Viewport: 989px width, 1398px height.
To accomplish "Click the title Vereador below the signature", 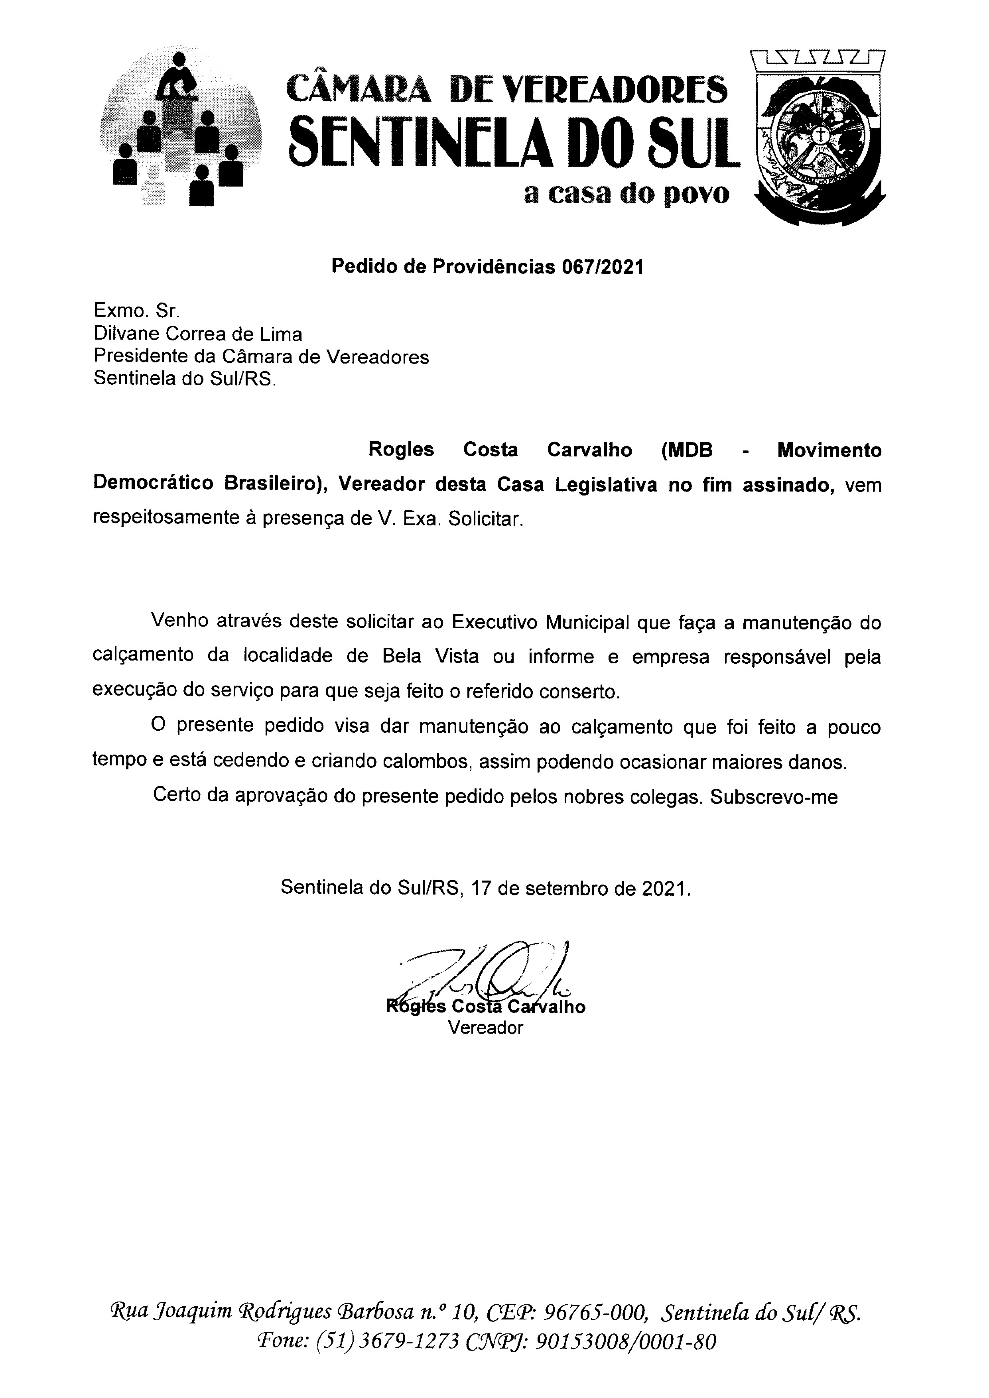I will [485, 1028].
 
